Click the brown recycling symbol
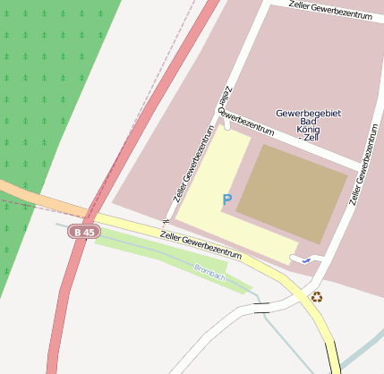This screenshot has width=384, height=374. point(316,296)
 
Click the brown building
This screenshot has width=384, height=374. point(292,192)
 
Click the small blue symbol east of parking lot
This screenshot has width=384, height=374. point(306,258)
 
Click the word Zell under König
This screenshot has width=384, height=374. point(310,139)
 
